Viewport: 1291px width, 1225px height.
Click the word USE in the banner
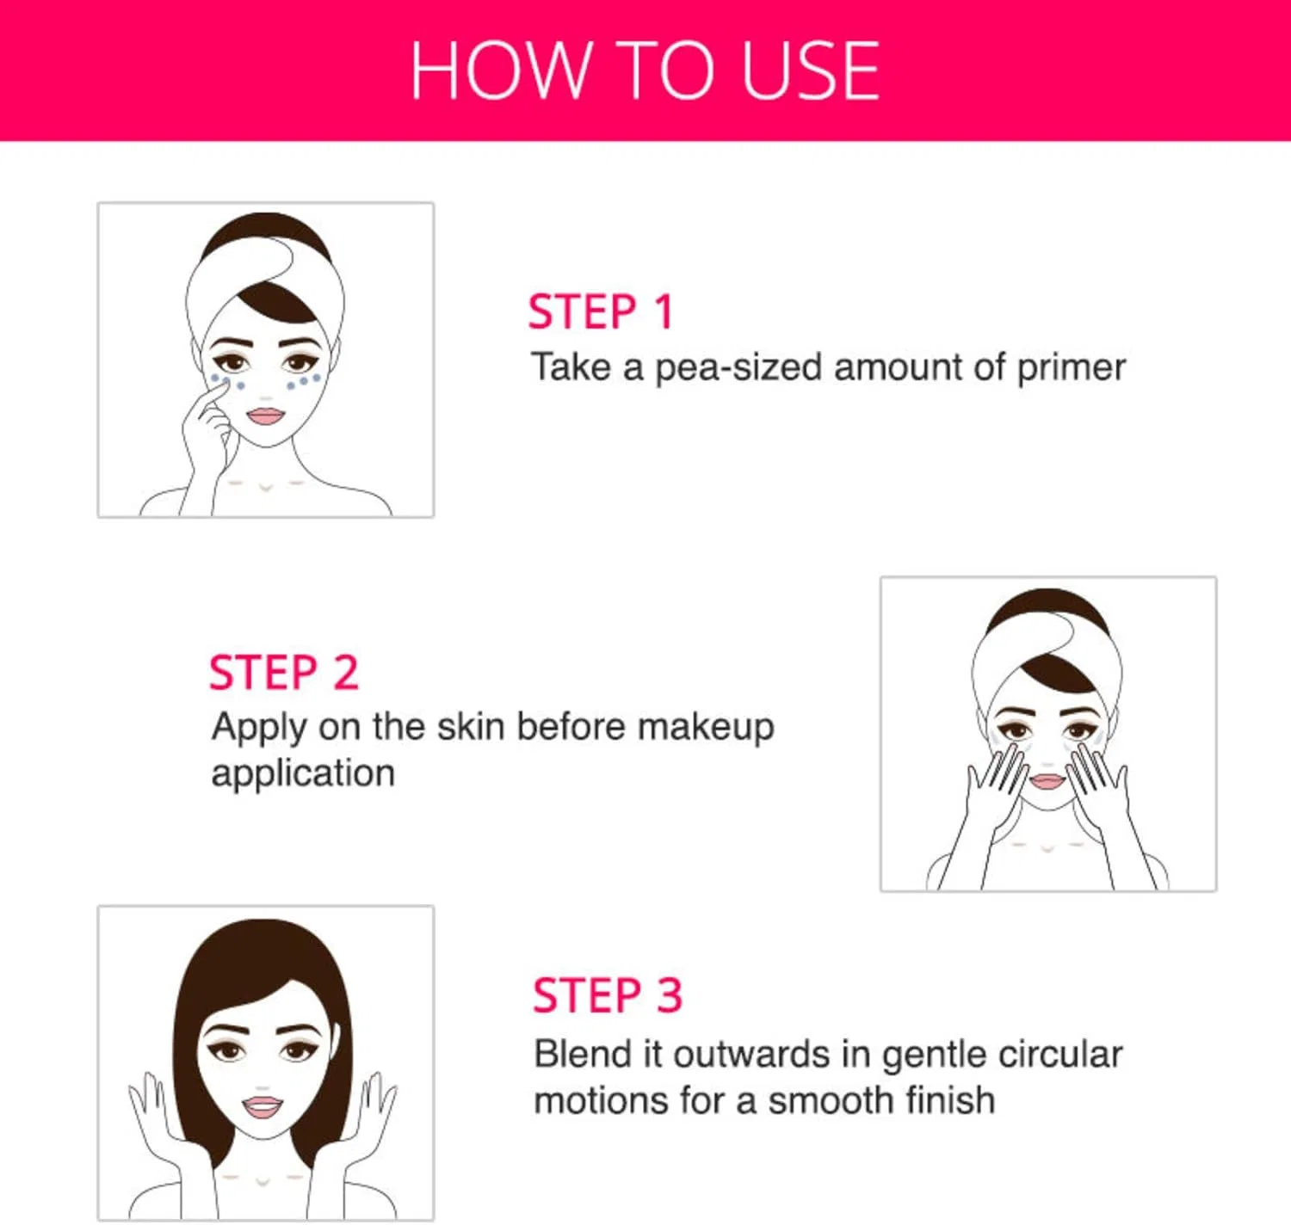coord(810,71)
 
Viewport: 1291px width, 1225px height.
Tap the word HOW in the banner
coord(500,71)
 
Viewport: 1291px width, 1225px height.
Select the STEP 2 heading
coord(284,672)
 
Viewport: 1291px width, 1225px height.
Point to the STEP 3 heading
coord(608,995)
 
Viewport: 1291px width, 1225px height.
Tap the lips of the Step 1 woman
coord(265,416)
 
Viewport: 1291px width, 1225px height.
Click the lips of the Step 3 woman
coord(262,1107)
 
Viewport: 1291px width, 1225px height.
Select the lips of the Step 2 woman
coord(1047,781)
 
